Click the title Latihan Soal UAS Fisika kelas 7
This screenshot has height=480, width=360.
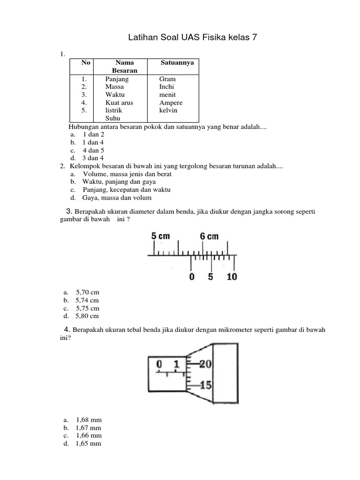[193, 37]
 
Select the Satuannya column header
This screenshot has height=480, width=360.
[177, 62]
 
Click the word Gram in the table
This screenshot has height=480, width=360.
[167, 79]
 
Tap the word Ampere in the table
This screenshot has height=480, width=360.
[171, 103]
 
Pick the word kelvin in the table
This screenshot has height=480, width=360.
[168, 111]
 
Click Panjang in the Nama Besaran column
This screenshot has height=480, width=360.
[117, 79]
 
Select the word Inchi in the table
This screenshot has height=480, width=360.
[166, 87]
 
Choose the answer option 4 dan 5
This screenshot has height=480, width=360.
[93, 150]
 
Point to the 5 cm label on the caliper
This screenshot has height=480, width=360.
[160, 236]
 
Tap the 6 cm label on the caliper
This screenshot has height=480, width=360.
[210, 236]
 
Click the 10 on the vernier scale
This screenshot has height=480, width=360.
[232, 277]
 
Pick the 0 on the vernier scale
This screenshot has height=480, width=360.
[191, 277]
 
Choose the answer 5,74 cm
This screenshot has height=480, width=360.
[87, 300]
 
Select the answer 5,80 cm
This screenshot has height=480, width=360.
[87, 316]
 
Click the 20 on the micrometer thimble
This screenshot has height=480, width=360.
[206, 364]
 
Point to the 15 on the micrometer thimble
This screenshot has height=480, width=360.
[206, 386]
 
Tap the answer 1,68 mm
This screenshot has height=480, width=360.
[88, 420]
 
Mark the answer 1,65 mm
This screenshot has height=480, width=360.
[88, 443]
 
